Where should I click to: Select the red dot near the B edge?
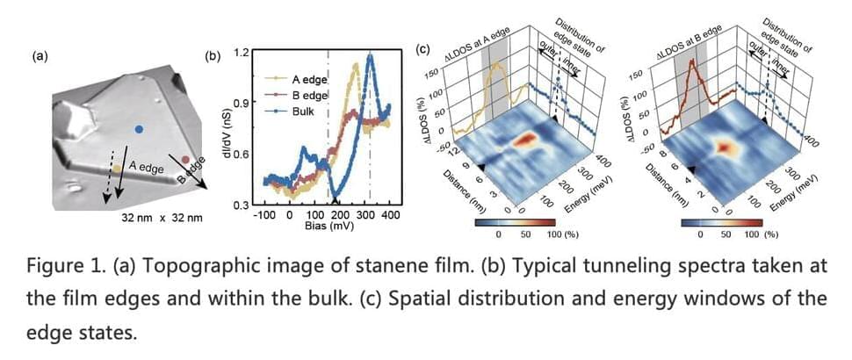pos(185,160)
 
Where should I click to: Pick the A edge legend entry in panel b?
pos(304,80)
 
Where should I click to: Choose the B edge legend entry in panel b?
pos(304,96)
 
